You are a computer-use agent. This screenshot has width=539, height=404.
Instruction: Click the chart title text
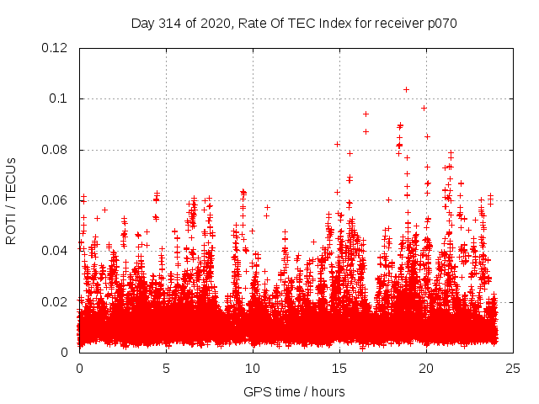[x=294, y=24]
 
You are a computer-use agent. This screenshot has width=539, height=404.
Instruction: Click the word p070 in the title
[x=440, y=24]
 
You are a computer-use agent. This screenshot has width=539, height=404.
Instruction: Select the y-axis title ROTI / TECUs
[x=11, y=200]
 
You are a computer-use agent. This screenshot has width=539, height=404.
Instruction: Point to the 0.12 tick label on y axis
[x=56, y=48]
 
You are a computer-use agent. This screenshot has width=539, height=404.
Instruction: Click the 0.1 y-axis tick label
[x=59, y=98]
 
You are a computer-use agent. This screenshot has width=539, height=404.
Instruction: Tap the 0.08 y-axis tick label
[x=56, y=150]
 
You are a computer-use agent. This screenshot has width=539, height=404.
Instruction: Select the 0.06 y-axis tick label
[x=56, y=200]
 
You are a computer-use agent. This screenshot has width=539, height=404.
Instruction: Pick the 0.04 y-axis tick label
[x=56, y=251]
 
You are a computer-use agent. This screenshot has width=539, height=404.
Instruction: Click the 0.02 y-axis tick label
[x=56, y=301]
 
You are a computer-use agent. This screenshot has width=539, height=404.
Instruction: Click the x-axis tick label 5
[x=166, y=369]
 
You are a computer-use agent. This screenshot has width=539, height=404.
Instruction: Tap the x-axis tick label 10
[x=253, y=369]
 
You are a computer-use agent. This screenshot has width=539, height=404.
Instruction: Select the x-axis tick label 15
[x=339, y=369]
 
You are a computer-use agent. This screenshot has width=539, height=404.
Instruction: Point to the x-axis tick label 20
[x=426, y=369]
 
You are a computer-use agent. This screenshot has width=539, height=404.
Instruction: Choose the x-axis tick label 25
[x=513, y=369]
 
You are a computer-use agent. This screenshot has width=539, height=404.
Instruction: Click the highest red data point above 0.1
[x=406, y=89]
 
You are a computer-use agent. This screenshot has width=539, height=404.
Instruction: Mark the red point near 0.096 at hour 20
[x=424, y=108]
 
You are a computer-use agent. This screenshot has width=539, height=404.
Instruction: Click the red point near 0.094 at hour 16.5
[x=366, y=114]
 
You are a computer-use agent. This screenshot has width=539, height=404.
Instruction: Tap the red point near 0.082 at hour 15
[x=338, y=144]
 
